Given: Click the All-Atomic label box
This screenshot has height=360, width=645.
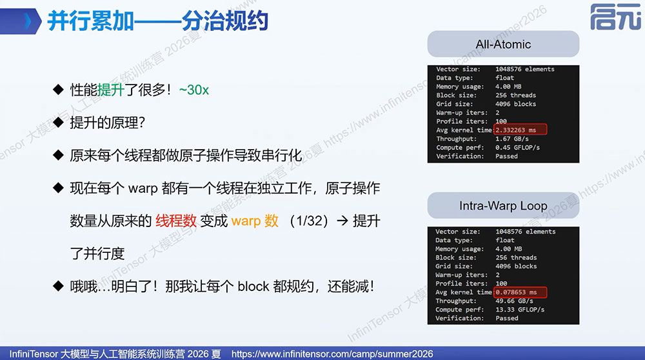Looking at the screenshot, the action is (503, 44).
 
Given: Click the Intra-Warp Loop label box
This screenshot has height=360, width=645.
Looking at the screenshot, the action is (503, 205).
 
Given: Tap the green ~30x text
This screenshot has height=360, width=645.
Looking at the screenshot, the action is (193, 90).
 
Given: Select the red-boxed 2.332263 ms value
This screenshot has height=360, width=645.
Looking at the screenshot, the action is (521, 130).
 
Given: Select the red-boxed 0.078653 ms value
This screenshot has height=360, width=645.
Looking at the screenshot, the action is (521, 292).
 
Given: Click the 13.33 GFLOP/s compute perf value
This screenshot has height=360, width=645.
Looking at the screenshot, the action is (520, 310).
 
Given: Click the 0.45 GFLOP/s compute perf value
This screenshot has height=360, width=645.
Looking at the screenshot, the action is (517, 147).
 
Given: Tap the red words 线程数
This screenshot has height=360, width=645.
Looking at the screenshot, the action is (175, 221).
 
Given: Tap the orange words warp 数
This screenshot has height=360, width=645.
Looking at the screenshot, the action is (255, 221).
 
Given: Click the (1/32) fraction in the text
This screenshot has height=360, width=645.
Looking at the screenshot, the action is (308, 221).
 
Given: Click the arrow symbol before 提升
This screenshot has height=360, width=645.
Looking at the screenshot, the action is (342, 221).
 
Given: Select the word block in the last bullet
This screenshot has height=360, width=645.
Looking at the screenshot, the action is (253, 286).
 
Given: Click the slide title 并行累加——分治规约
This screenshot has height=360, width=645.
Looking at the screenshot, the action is (158, 21).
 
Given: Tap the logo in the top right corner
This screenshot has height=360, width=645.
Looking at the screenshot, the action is (616, 17).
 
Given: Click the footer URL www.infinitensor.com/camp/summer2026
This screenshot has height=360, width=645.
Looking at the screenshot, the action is (332, 354).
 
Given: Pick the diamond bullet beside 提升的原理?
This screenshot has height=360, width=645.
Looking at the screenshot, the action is (59, 122).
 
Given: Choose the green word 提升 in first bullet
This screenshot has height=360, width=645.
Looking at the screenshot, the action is (111, 90).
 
